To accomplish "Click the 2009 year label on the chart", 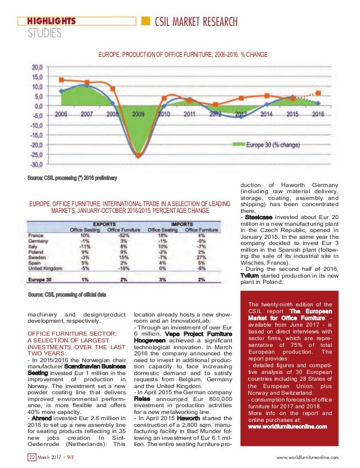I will (x=137, y=114).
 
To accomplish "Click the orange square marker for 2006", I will (x=61, y=80).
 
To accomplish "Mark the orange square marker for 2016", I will (x=318, y=93).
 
